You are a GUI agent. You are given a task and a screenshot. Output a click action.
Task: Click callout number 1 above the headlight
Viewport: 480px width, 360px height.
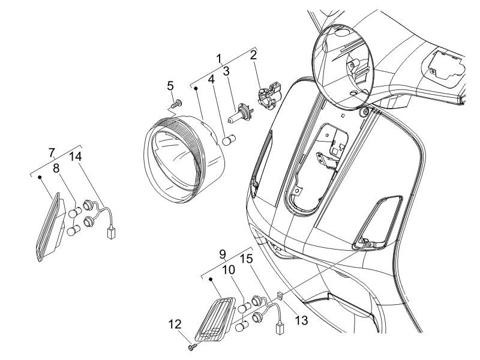coord(220,59)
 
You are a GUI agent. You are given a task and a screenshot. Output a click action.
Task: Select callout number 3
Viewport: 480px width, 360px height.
coord(226,72)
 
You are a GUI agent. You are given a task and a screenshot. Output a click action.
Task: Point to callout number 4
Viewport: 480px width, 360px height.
coord(211,79)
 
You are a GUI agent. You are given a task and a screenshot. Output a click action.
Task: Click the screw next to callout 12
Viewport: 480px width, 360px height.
coord(190,346)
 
